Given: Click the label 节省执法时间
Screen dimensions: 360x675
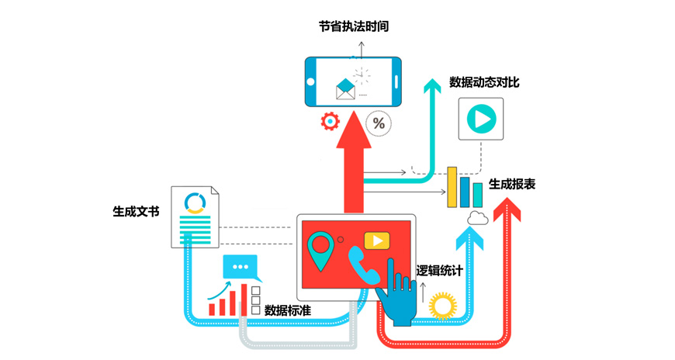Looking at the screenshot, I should coord(354,26).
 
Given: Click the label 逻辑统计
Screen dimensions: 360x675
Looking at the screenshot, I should coord(439,270).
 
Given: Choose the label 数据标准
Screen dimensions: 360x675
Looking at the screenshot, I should coord(288,310).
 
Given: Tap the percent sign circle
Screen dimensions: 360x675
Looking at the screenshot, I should coord(379,123).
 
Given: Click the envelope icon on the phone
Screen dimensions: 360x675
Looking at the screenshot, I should coord(344,88).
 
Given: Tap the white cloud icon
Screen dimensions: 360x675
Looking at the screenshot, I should coord(476,218).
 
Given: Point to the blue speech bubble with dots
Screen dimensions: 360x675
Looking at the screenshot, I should coord(241,267).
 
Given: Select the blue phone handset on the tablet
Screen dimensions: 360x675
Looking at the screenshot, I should coord(362,266).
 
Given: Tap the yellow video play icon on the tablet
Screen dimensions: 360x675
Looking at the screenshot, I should coord(377,241).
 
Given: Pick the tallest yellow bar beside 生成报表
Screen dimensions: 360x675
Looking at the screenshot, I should coord(452,186).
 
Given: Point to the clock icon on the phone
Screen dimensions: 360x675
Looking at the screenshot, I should coord(361,75).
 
